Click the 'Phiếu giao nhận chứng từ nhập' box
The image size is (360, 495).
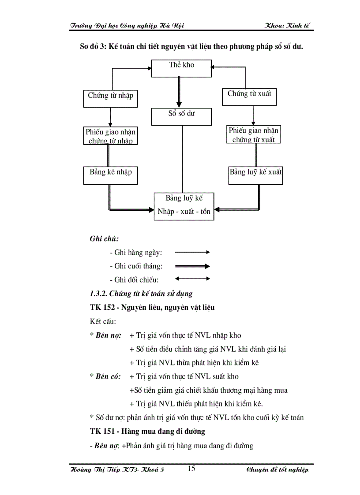[x=110, y=136]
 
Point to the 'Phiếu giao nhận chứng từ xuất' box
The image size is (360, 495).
[x=253, y=134]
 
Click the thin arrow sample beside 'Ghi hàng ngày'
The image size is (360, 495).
[x=192, y=252]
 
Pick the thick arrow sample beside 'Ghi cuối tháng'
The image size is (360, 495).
[x=192, y=266]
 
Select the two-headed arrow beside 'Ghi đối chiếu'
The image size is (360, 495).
[x=192, y=279]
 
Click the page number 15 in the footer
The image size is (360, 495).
[x=191, y=469]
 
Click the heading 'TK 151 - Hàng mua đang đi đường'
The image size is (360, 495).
[x=147, y=431]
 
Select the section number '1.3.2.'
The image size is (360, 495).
[x=98, y=294]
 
